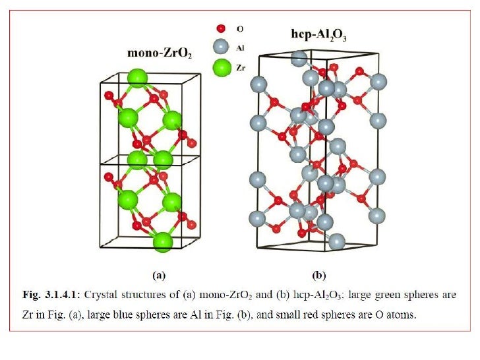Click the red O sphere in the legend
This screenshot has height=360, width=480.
[221, 29]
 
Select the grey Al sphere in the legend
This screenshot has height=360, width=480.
[221, 47]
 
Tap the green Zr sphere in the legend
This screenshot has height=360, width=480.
[221, 67]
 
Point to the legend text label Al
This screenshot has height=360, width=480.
[240, 48]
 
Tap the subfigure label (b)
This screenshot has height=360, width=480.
[319, 273]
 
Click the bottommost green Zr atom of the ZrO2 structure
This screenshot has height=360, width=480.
[163, 241]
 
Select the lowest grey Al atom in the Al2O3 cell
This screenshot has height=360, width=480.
[336, 241]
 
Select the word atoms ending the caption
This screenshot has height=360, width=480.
[402, 315]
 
